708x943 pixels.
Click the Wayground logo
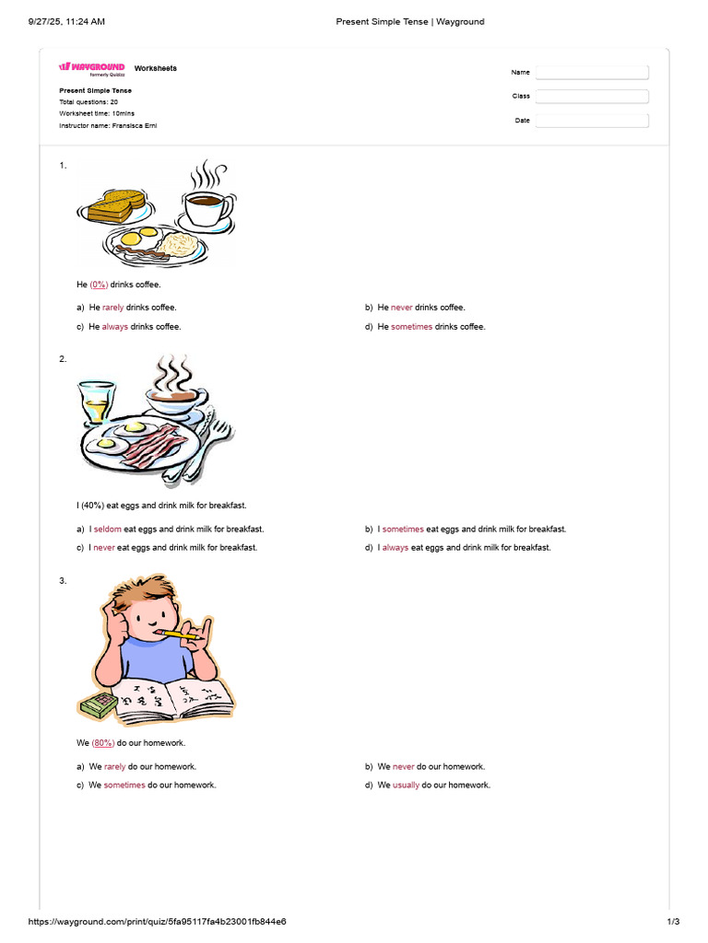91,69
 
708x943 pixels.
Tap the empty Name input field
592,72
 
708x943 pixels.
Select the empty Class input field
592,96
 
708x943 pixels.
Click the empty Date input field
592,121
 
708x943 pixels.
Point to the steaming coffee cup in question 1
206,200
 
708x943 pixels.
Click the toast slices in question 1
116,205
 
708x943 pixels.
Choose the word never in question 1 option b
402,308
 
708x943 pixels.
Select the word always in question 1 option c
114,327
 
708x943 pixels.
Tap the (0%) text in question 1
99,285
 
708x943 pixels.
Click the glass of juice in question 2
96,402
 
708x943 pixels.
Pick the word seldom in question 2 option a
107,530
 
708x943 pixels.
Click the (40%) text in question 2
92,506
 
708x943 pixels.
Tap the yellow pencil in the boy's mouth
180,634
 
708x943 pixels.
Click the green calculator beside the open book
98,704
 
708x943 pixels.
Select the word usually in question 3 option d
406,785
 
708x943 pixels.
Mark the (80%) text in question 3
103,743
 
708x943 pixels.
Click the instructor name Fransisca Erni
135,125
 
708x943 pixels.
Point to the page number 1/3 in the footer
673,921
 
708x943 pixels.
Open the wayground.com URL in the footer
157,921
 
